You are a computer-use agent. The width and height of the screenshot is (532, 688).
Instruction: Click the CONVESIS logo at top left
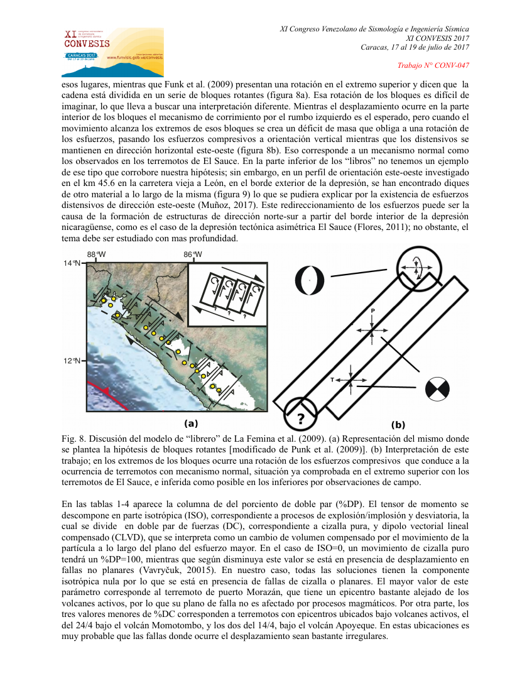pos(112,44)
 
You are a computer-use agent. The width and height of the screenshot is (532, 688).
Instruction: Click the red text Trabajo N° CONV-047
pos(433,65)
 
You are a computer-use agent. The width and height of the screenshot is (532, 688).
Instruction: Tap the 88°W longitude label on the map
pos(96,254)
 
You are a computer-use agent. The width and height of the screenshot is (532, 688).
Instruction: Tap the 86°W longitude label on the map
pos(193,254)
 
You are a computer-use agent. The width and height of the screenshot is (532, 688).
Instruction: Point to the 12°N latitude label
pos(73,361)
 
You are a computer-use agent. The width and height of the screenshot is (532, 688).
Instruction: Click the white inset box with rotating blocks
pos(228,293)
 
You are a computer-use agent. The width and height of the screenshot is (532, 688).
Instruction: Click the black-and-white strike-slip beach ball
pos(437,388)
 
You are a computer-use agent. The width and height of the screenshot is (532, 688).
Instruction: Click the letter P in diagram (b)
pos(372,311)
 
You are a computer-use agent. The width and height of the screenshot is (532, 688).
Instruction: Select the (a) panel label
pos(190,423)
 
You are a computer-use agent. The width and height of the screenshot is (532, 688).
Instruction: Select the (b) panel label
pos(398,424)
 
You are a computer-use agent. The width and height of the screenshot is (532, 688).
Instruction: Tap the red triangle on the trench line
pos(106,391)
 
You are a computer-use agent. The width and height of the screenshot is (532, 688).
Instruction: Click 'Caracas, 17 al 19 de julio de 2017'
pos(415,48)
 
